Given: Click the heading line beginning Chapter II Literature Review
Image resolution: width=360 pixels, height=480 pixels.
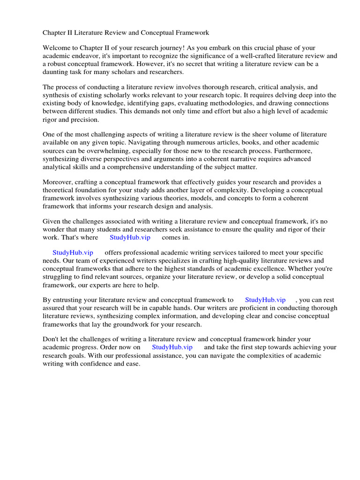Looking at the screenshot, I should point(126,33).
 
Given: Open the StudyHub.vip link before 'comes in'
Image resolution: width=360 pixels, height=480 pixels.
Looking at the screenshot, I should point(130,238).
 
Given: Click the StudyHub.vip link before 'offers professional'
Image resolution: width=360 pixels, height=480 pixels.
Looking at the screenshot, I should point(73,253).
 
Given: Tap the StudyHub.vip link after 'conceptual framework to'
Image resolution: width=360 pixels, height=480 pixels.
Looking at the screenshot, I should point(265,300).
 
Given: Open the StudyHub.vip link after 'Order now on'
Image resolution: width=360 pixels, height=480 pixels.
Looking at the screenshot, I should point(172,347).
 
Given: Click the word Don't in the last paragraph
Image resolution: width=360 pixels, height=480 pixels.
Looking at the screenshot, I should point(51,339).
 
